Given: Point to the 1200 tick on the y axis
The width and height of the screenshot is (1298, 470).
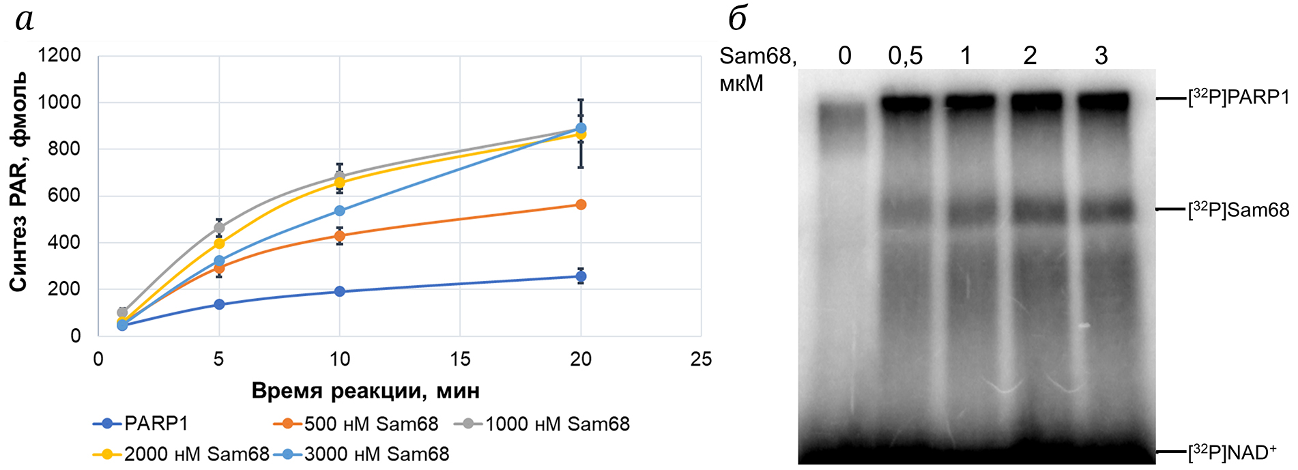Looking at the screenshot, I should click(59, 55).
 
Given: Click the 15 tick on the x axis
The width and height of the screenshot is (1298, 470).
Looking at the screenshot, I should click(460, 359).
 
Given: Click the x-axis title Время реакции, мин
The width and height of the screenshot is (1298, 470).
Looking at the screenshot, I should click(365, 391).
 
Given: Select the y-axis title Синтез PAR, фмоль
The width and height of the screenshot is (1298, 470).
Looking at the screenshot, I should click(18, 181).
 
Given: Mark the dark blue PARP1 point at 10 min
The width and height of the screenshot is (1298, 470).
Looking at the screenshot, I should click(340, 291).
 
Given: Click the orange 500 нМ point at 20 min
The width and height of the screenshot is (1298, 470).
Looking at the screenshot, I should click(581, 205).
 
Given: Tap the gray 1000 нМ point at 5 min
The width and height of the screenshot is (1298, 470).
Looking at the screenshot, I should click(219, 228).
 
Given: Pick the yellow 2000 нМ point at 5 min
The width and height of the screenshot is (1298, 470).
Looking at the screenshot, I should click(219, 244).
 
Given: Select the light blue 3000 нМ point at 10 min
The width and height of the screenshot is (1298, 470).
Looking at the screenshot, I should click(340, 211).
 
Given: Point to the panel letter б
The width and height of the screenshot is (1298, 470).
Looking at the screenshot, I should click(738, 19).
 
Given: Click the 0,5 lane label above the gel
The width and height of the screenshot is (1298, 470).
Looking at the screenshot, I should click(905, 56).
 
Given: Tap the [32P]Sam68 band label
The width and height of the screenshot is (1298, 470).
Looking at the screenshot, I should click(1239, 209).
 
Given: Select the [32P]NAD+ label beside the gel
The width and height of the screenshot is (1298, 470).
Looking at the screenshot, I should click(1232, 452).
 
